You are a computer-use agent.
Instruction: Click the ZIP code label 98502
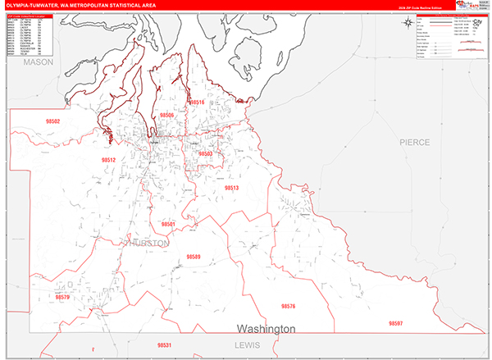[53, 121]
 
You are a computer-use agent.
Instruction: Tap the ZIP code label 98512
[108, 160]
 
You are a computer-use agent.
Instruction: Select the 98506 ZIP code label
[166, 116]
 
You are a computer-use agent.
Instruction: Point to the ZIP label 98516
[197, 103]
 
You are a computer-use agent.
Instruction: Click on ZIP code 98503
[205, 153]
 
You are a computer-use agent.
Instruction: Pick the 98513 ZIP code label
[231, 188]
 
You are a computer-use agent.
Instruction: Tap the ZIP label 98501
[169, 224]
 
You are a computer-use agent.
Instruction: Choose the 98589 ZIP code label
[194, 257]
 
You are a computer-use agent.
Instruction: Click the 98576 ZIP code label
[287, 306]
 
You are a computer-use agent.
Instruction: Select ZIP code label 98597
[397, 324]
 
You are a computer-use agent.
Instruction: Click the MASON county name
[37, 62]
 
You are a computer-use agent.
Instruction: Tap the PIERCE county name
[414, 142]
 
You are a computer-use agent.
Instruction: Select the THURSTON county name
[147, 244]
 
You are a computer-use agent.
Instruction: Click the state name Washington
[266, 329]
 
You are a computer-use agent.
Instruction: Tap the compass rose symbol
[408, 23]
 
